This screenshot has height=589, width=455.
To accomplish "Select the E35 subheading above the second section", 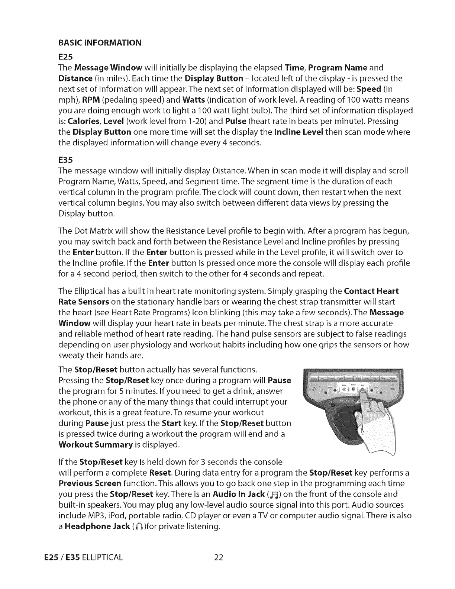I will coord(65,160).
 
